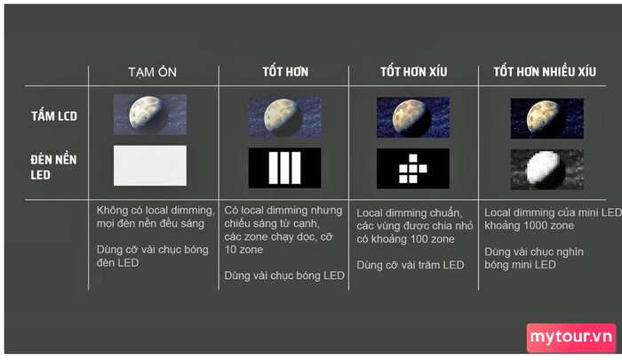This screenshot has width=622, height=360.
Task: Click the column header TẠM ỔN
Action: coord(152,72)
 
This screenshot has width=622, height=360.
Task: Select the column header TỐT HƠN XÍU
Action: coord(414,71)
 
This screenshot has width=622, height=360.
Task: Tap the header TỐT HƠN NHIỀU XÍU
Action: coord(545,71)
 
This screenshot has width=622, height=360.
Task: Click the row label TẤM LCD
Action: coord(54,116)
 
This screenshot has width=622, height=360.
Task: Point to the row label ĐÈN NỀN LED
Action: coord(53,167)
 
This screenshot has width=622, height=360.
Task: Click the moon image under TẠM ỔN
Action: coord(150,115)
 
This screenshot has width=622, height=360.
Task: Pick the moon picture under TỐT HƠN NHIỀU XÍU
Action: coord(547,118)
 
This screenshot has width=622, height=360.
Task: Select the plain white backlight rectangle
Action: coord(150,165)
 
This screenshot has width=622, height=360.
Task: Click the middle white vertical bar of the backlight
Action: coord(285,168)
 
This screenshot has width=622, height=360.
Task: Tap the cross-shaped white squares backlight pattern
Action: coord(413,169)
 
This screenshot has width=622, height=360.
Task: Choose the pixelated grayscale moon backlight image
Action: coord(547,170)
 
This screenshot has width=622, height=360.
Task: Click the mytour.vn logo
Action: coord(571,338)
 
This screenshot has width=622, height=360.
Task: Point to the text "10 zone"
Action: coord(243,250)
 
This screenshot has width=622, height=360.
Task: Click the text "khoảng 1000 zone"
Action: coord(530,226)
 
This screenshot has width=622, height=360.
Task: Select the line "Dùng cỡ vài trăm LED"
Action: coord(411,265)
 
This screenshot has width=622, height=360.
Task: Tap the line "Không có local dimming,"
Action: coord(155,211)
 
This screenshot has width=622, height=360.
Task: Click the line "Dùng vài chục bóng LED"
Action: coord(284,276)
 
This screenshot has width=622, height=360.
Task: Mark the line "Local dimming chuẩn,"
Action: coord(410,213)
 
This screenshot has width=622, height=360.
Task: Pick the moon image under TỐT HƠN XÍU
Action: coord(413,117)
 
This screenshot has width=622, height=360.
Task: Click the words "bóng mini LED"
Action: coord(520,265)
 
